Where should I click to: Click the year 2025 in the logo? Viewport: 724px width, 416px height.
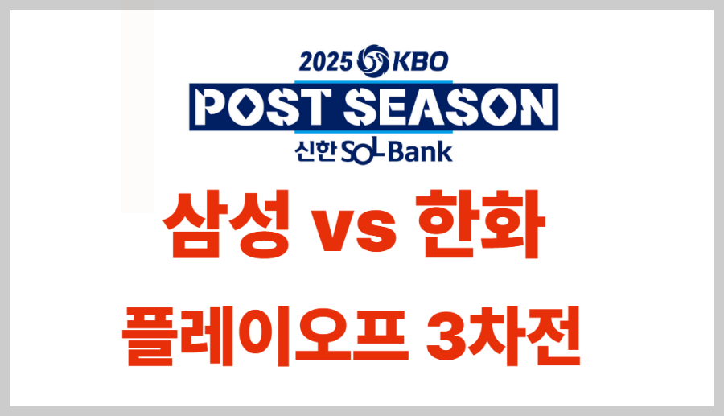pyautogui.click(x=326, y=62)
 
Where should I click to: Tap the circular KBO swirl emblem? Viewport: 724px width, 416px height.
pyautogui.click(x=372, y=61)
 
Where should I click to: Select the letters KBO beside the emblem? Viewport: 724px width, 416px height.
pyautogui.click(x=420, y=62)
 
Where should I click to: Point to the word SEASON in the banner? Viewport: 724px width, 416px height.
pyautogui.click(x=448, y=107)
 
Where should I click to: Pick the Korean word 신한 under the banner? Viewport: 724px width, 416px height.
pyautogui.click(x=315, y=151)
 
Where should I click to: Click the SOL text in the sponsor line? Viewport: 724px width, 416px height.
pyautogui.click(x=364, y=152)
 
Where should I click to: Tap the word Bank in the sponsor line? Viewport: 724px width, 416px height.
pyautogui.click(x=421, y=152)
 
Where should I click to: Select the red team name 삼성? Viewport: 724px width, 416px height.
pyautogui.click(x=226, y=224)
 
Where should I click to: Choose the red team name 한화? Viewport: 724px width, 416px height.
pyautogui.click(x=480, y=224)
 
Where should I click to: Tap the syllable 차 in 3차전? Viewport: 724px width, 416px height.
pyautogui.click(x=495, y=336)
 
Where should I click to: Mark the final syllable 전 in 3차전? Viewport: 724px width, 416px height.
pyautogui.click(x=552, y=336)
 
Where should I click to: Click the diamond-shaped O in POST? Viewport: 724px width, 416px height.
pyautogui.click(x=248, y=107)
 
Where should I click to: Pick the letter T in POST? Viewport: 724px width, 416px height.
pyautogui.click(x=315, y=107)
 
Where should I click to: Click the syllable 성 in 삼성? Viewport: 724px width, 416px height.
pyautogui.click(x=259, y=224)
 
